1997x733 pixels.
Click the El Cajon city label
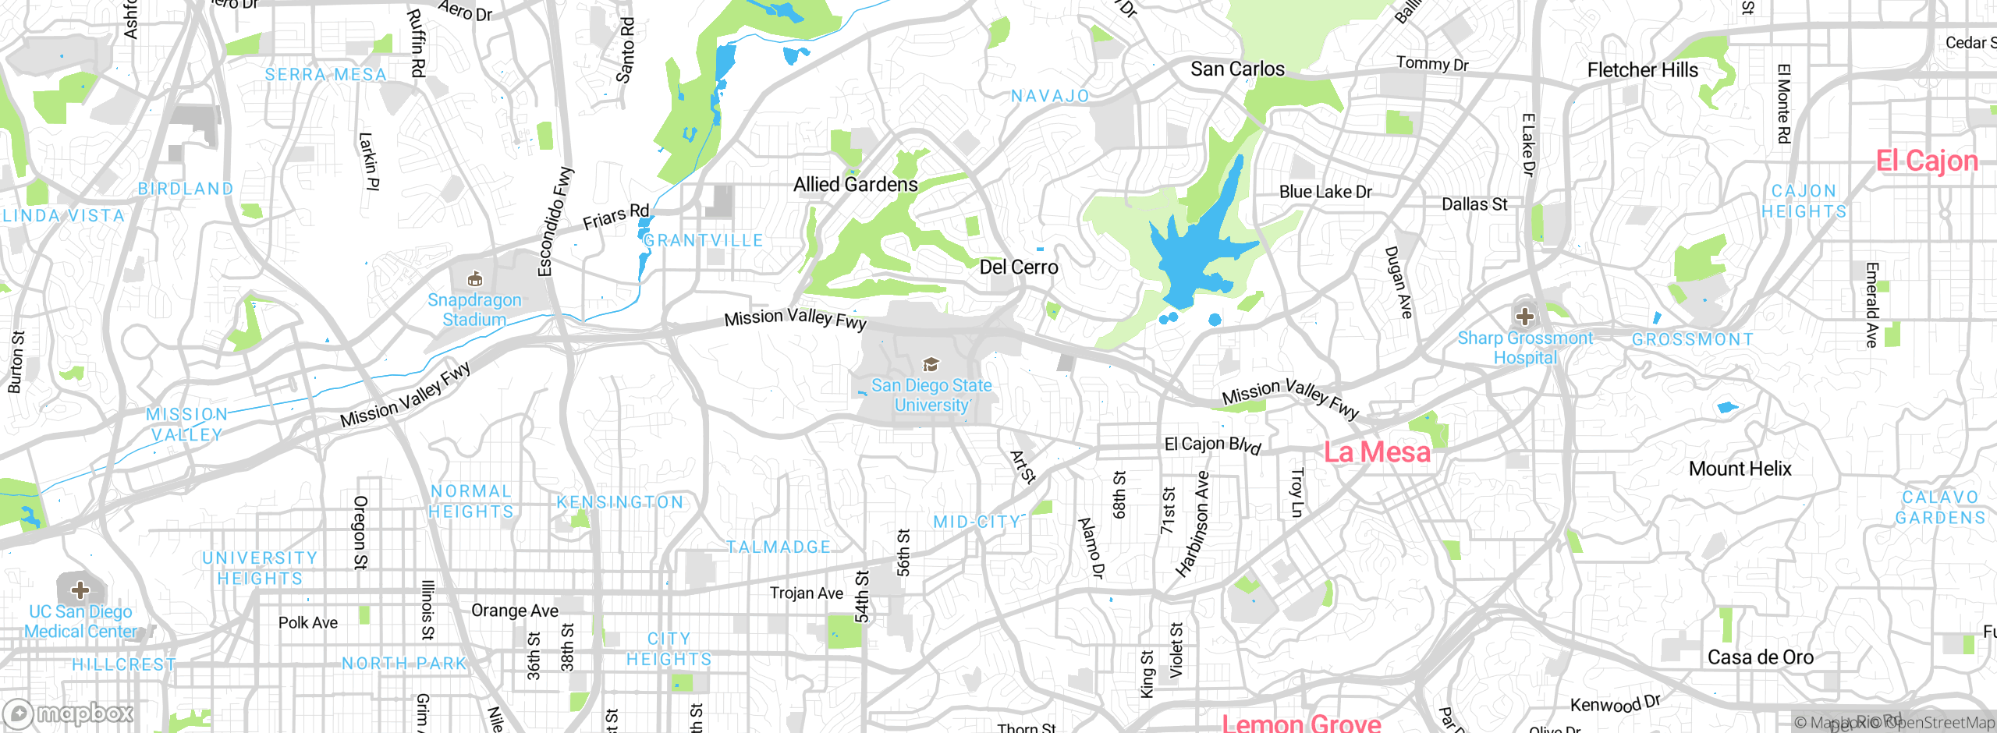pos(1927,161)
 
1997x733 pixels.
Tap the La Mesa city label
pos(1377,452)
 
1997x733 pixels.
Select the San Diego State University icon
pos(931,364)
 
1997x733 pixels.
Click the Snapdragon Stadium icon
pos(474,279)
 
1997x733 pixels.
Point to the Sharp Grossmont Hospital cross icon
pos(1525,317)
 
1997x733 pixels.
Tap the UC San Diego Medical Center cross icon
pos(80,590)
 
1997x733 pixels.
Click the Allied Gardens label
pos(855,185)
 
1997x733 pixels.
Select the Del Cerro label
pos(1018,267)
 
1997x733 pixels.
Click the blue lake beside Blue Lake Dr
pos(1194,250)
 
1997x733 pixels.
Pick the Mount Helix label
pos(1740,469)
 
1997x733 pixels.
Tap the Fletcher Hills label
pos(1642,70)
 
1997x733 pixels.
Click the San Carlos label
pos(1237,69)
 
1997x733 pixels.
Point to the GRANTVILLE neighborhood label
pos(703,241)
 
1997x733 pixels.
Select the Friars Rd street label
pos(615,217)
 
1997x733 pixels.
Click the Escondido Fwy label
pos(555,221)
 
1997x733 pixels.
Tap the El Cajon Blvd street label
pos(1212,444)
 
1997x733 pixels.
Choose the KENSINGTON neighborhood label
pos(620,502)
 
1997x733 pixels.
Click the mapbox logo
pos(69,714)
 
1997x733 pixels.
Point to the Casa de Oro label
pos(1760,657)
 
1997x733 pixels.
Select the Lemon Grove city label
pos(1301,723)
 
